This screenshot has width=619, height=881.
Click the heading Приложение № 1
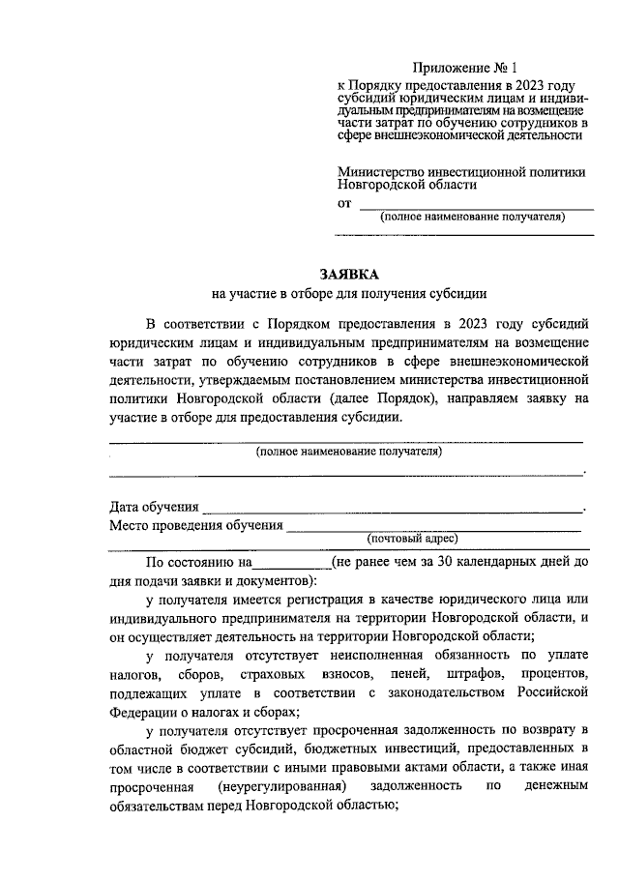pos(465,68)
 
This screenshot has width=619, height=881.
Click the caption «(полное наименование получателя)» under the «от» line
pos(471,218)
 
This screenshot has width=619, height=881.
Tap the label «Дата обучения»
pos(154,507)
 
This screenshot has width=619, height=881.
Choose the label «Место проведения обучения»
pos(196,526)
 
